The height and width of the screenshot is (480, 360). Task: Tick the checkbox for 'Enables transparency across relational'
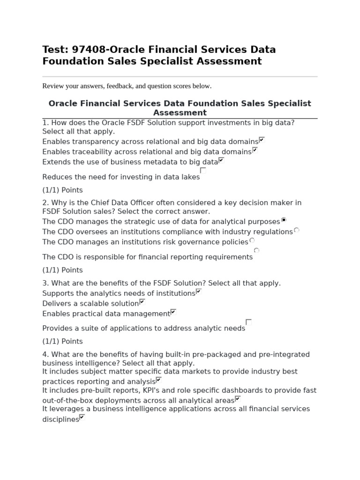coord(262,140)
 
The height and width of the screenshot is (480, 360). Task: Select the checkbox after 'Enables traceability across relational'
coord(255,150)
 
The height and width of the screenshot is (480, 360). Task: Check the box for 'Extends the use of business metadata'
coord(221,160)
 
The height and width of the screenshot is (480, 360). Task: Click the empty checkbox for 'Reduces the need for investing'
coord(203,171)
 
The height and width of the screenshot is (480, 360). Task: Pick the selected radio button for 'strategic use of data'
coord(284,219)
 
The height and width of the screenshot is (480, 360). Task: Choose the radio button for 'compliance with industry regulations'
coord(296,230)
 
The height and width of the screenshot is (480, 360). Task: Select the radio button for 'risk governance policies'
coord(252,240)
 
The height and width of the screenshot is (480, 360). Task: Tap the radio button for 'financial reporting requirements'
coord(256,250)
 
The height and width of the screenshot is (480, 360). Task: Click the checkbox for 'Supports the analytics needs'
coord(198,292)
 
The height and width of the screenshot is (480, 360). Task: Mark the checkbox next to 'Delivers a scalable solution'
coord(142,302)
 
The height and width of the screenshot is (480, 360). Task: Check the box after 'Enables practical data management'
coord(173,312)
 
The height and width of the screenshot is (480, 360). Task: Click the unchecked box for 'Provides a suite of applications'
coord(249,322)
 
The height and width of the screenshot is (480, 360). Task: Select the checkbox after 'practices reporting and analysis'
coord(158,380)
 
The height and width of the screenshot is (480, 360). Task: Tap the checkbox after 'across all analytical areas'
coord(238,399)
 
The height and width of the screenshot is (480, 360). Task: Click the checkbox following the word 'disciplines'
coord(82,417)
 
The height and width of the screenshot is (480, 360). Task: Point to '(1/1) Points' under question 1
coord(62,190)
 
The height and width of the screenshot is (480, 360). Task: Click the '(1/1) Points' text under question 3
coord(62,342)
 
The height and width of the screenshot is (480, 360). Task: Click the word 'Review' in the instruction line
coord(52,86)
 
